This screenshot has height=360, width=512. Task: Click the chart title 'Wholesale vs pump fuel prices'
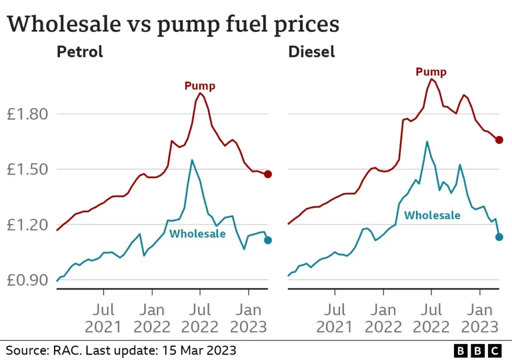coord(173,24)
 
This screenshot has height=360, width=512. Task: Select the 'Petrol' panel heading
coord(79,51)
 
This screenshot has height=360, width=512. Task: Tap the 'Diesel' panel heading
coord(311,51)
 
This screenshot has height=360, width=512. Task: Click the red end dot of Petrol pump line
coord(268,174)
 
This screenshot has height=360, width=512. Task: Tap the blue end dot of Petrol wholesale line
coord(268,240)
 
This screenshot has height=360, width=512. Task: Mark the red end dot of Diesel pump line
coord(499,140)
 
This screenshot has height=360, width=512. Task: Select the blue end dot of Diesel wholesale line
coord(499,236)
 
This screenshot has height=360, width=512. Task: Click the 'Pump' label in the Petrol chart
coord(200,86)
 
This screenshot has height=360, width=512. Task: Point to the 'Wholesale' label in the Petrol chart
coord(197,233)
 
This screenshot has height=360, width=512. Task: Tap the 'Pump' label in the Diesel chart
coord(431,72)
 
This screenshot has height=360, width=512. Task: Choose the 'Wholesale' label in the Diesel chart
coord(432,215)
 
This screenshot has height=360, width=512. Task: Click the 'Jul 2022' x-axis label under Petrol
coord(200,317)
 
